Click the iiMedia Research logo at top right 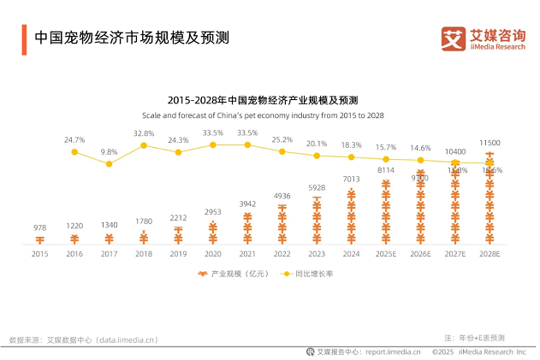click(x=483, y=39)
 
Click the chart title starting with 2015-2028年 click(x=263, y=100)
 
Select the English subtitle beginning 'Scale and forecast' click(x=263, y=115)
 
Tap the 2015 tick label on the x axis click(x=40, y=254)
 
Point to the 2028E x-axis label click(x=490, y=254)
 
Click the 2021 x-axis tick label click(x=247, y=254)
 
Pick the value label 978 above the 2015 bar click(x=40, y=227)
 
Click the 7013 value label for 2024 click(x=351, y=180)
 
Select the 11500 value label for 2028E click(x=490, y=143)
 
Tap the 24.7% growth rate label click(x=74, y=139)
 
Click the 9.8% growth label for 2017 click(x=109, y=151)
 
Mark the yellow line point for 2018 click(x=144, y=145)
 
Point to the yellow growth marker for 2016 click(x=74, y=152)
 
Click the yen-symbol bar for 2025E click(x=386, y=212)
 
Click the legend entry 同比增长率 click(x=308, y=274)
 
